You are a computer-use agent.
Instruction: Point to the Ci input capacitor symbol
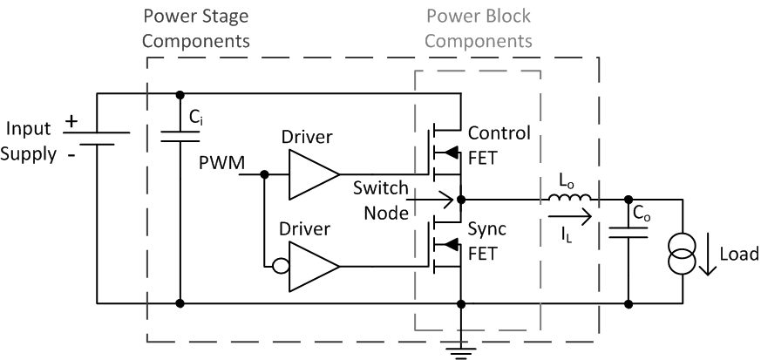point(180,134)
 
